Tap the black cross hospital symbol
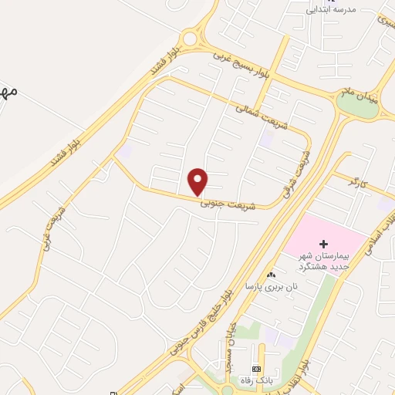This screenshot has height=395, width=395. [323, 244]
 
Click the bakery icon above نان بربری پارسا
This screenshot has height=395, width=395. [270, 275]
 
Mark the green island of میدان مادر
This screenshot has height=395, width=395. [357, 106]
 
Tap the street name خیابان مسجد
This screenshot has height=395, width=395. [228, 349]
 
